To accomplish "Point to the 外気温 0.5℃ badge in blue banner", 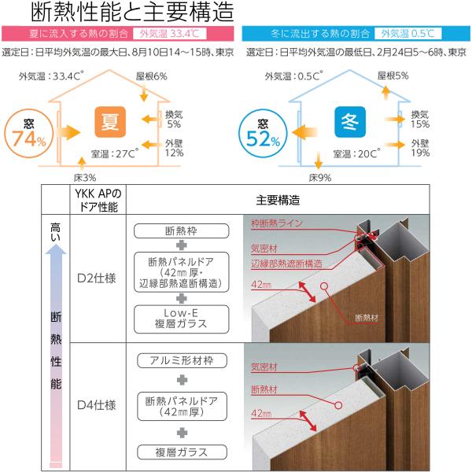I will [407, 34].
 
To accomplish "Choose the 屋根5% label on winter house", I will [393, 77].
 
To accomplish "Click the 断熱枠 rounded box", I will [180, 231].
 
